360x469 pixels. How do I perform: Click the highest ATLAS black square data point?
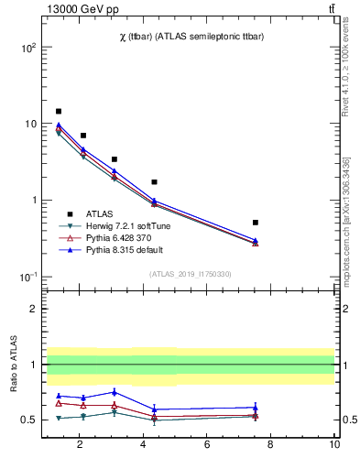[59, 112]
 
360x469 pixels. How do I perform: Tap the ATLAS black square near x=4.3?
[154, 182]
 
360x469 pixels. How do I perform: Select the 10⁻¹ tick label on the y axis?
[27, 277]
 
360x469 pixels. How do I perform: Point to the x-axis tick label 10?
[334, 444]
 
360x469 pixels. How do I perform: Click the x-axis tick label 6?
[207, 444]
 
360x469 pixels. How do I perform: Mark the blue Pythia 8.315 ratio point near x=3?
[114, 391]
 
